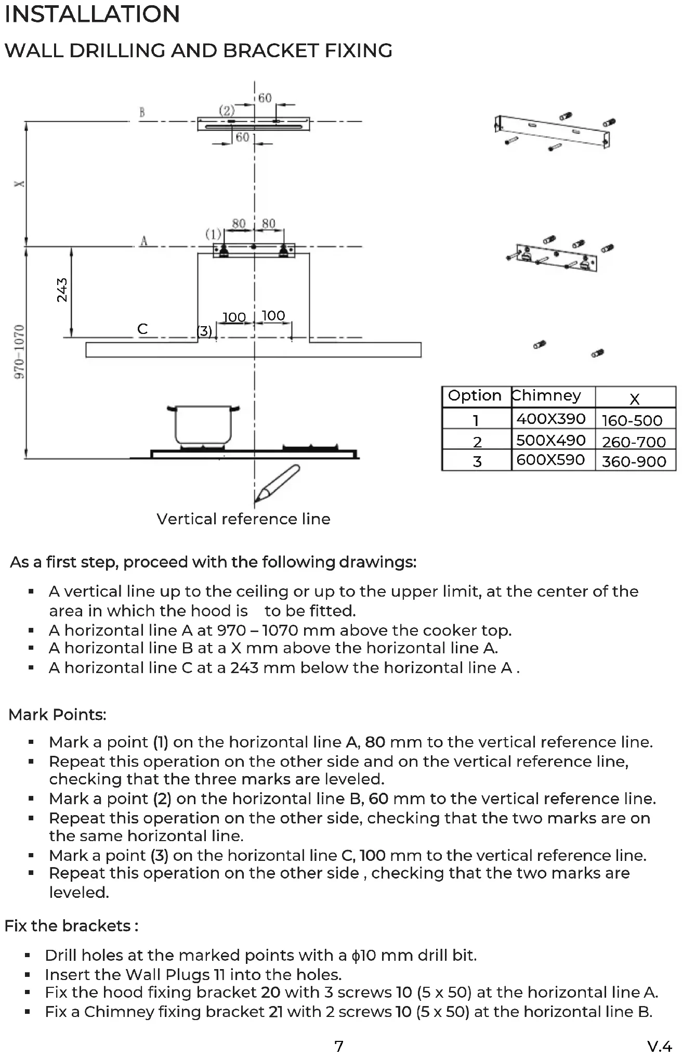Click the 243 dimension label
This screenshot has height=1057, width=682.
[62, 290]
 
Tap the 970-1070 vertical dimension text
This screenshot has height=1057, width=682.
[19, 352]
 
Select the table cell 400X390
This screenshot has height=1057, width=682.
[551, 419]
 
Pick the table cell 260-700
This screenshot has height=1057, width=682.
[634, 442]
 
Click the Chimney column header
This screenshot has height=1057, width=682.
[546, 396]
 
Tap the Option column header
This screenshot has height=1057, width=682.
[475, 396]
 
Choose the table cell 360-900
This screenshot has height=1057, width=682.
[634, 461]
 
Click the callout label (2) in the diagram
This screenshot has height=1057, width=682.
[227, 110]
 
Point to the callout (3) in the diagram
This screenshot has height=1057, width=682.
[204, 331]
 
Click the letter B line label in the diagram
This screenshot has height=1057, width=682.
[142, 112]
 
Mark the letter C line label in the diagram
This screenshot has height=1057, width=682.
[142, 329]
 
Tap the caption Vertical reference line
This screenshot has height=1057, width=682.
[243, 519]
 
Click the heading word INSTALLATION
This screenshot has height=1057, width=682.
[92, 15]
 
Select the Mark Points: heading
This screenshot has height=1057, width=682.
[57, 715]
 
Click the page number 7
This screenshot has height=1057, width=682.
[339, 1046]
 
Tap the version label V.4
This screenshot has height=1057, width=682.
[660, 1046]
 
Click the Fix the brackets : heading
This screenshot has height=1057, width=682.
[71, 926]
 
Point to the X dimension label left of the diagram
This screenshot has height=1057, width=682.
[19, 184]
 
